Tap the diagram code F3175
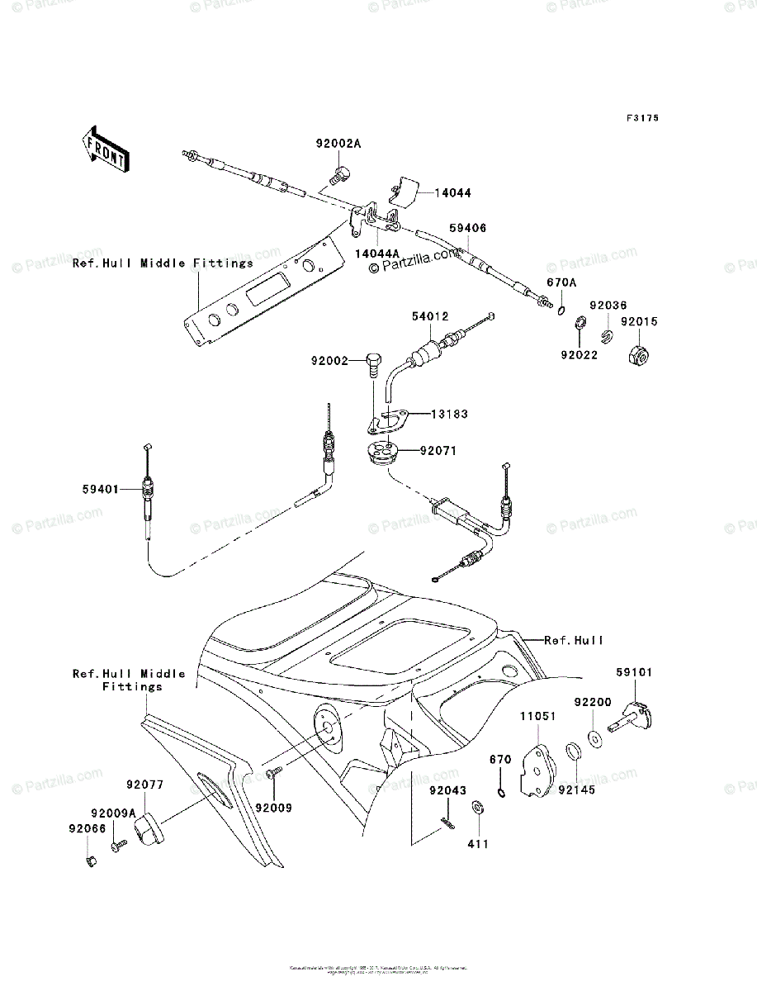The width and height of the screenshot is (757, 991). [x=642, y=119]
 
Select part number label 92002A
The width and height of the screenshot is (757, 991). [x=338, y=143]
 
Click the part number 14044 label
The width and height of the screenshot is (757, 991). [x=454, y=192]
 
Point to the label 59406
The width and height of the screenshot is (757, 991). [x=467, y=227]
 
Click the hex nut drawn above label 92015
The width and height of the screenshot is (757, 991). [x=640, y=353]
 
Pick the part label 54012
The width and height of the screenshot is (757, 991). [x=429, y=316]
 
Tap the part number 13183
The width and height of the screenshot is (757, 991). [x=449, y=414]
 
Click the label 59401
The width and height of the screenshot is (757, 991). [x=100, y=489]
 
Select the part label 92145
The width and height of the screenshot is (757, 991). [x=575, y=789]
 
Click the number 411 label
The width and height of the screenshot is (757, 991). [x=478, y=844]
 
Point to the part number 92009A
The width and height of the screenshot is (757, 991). [x=113, y=812]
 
